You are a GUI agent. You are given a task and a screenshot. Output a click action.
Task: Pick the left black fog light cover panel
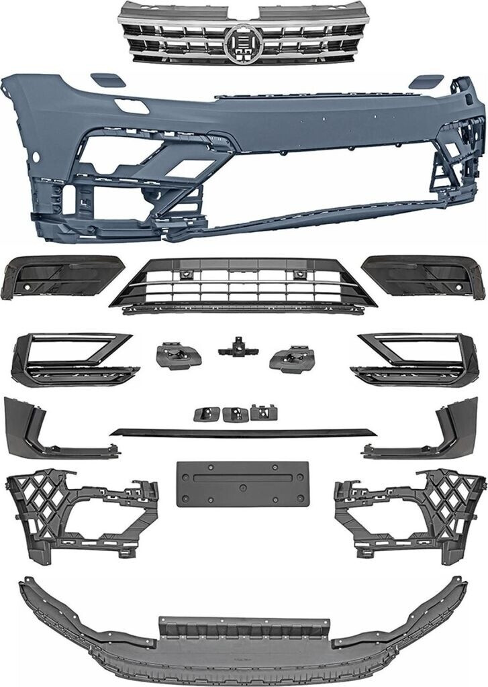tap(60, 276)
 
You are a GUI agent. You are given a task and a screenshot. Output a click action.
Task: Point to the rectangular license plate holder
tap(238, 483)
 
